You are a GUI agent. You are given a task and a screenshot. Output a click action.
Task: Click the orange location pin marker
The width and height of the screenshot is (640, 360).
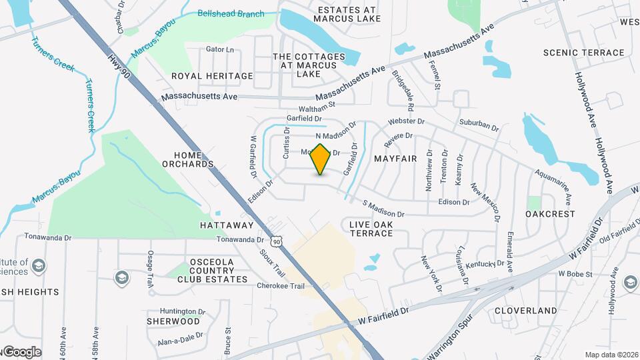[321, 159]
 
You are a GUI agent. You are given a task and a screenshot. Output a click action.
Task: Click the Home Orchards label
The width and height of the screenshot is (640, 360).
[189, 159]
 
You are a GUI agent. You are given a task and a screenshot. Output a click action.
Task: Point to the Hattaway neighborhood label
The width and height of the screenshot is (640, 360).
[227, 225]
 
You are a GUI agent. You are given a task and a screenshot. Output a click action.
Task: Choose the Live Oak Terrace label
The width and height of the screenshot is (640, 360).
[371, 229]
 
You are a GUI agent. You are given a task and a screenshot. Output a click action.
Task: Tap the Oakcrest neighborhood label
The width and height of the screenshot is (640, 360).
[550, 214]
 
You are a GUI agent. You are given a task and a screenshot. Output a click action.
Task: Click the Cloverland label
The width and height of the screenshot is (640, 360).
[526, 311]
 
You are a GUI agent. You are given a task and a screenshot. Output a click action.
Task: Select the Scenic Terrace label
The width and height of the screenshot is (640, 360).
[584, 53]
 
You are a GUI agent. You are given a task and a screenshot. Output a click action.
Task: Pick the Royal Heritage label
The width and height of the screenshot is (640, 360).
[212, 76]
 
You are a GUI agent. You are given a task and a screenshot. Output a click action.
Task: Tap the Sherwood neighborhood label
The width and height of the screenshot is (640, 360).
[173, 321]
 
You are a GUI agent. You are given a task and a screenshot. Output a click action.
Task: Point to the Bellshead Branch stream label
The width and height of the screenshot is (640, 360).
[231, 13]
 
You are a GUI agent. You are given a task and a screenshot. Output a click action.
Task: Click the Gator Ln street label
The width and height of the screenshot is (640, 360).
[220, 49]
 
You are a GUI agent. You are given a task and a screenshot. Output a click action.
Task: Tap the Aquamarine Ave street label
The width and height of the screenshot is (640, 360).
[553, 186]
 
